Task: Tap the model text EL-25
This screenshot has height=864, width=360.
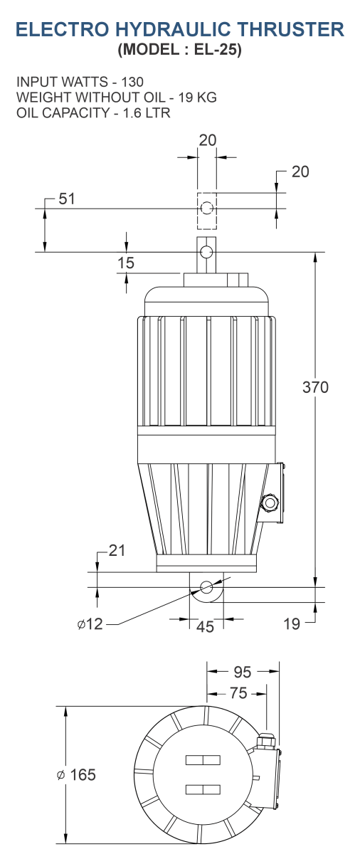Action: pyautogui.click(x=218, y=49)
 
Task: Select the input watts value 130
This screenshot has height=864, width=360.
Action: pyautogui.click(x=132, y=82)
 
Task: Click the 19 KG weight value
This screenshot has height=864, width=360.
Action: pyautogui.click(x=197, y=98)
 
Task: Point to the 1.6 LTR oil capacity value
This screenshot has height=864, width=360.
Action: pyautogui.click(x=147, y=112)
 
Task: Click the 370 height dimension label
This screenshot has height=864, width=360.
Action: pyautogui.click(x=315, y=387)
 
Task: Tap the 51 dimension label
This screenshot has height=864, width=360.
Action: pyautogui.click(x=67, y=199)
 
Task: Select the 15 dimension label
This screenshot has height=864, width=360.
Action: pyautogui.click(x=126, y=263)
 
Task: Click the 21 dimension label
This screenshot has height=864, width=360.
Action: pyautogui.click(x=117, y=550)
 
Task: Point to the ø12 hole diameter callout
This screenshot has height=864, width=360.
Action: pyautogui.click(x=90, y=623)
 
